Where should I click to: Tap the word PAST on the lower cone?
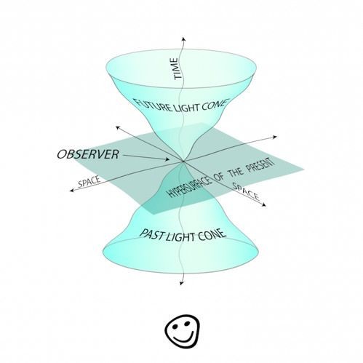click(x=152, y=234)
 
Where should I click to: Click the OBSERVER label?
click(x=88, y=154)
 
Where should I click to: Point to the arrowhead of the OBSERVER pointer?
click(x=167, y=159)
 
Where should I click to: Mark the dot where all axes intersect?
click(x=183, y=161)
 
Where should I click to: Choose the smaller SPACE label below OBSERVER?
click(x=89, y=181)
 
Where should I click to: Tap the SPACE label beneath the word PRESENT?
click(x=246, y=192)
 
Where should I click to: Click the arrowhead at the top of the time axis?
click(x=183, y=39)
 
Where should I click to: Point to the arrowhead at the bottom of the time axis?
click(x=181, y=283)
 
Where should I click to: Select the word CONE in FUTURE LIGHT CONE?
click(x=215, y=105)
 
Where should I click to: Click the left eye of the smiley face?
click(x=175, y=326)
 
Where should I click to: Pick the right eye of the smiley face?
click(x=187, y=324)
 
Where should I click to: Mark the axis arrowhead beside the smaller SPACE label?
click(x=72, y=191)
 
